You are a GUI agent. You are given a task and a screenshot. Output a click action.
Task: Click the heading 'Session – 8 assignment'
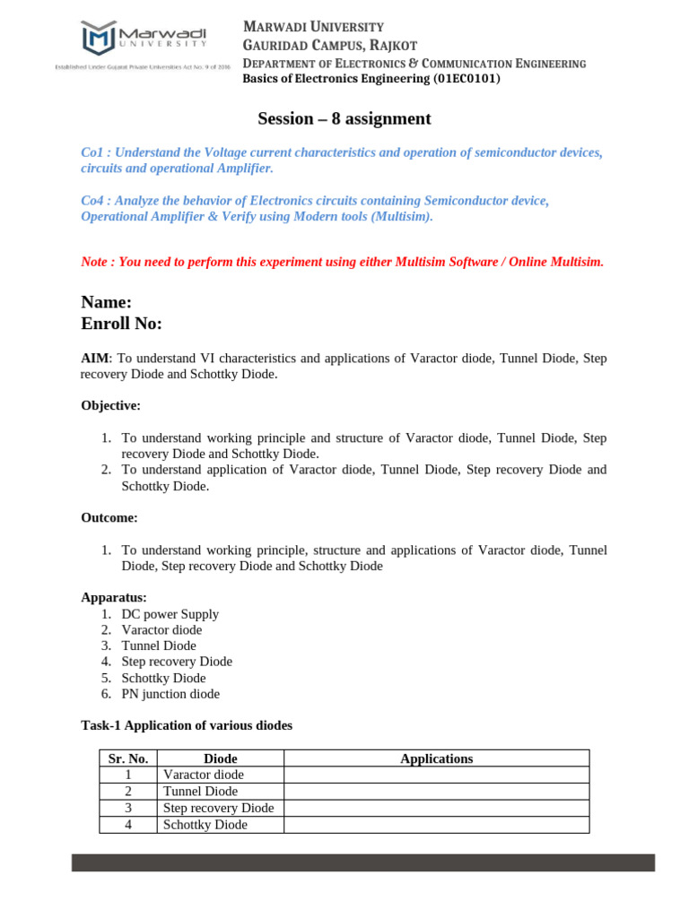(x=344, y=119)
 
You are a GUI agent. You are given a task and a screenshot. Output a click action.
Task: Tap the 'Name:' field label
(x=107, y=303)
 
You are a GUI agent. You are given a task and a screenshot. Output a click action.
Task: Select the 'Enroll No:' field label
(x=122, y=324)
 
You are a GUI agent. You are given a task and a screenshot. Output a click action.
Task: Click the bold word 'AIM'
(x=94, y=359)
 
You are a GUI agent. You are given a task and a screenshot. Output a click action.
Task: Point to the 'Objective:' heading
(x=110, y=406)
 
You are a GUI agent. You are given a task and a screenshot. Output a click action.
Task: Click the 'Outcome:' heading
(x=109, y=518)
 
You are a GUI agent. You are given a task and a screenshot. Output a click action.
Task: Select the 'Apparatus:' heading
(x=113, y=597)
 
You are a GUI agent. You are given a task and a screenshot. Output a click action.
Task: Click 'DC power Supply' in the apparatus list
(x=170, y=614)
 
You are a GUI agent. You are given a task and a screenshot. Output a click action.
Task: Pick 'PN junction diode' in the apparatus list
(x=170, y=694)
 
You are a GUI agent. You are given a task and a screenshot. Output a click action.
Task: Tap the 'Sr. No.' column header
(x=128, y=758)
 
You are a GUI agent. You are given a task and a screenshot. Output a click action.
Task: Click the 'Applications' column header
(x=436, y=758)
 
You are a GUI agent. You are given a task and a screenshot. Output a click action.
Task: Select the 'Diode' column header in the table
(x=221, y=758)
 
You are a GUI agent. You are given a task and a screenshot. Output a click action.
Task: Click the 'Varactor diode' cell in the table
(x=203, y=775)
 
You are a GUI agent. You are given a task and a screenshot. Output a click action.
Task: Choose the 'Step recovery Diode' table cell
(x=218, y=808)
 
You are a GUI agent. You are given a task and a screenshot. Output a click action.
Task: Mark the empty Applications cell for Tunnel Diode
(x=436, y=792)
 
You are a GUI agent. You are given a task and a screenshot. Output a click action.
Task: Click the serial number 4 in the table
(x=128, y=825)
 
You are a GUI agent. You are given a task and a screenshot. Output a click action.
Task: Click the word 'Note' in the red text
(x=94, y=263)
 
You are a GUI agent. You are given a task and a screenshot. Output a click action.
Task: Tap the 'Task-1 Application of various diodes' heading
(x=187, y=726)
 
